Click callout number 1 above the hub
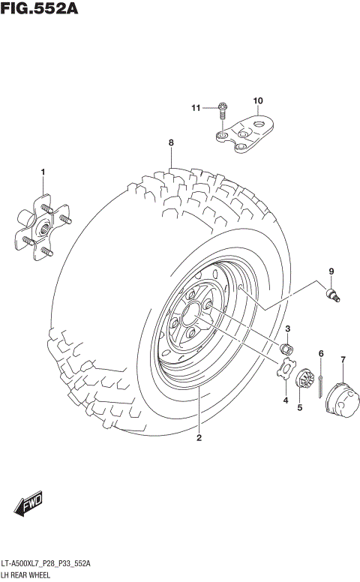pyautogui.click(x=43, y=172)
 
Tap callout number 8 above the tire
pyautogui.click(x=171, y=142)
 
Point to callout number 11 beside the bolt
pyautogui.click(x=196, y=108)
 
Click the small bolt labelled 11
pyautogui.click(x=223, y=109)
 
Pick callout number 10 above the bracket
pyautogui.click(x=258, y=100)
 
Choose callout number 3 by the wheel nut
pyautogui.click(x=287, y=329)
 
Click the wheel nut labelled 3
pyautogui.click(x=286, y=349)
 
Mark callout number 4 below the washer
pyautogui.click(x=285, y=400)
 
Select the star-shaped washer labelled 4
pyautogui.click(x=284, y=370)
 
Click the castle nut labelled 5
pyautogui.click(x=303, y=379)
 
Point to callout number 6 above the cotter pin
pyautogui.click(x=321, y=353)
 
